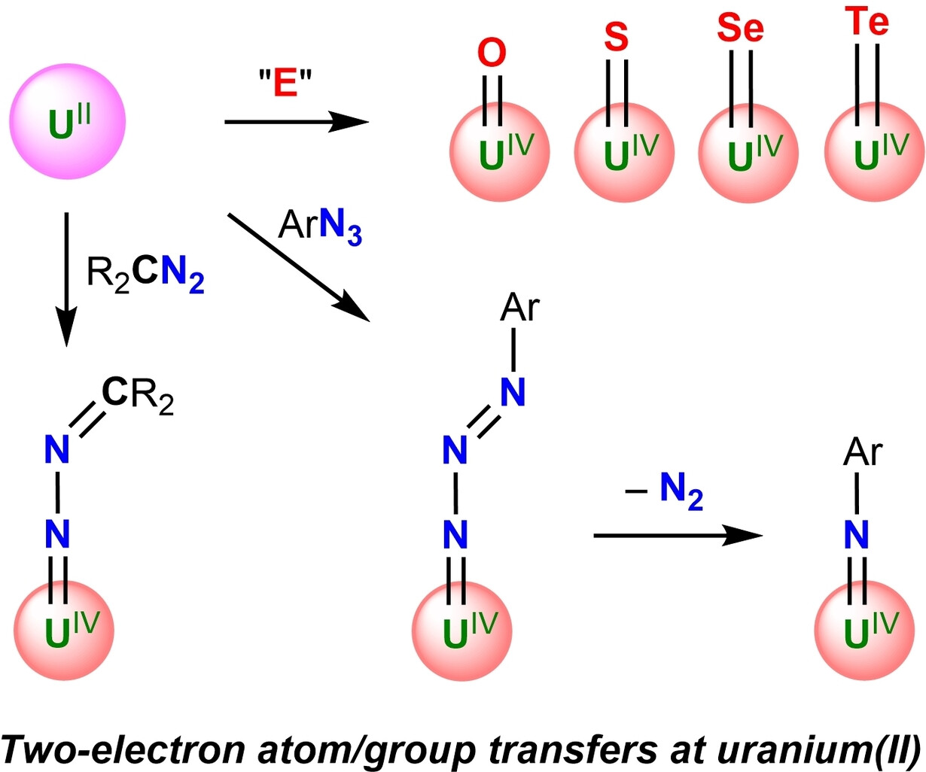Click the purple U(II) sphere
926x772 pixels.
point(67,122)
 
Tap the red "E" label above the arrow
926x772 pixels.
point(285,84)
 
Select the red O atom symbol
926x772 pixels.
point(492,54)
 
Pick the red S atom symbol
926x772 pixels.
point(617,37)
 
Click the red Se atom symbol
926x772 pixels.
point(739,29)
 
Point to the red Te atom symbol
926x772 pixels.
point(866,22)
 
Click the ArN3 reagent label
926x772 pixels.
point(320,225)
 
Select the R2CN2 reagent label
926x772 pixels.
point(145,274)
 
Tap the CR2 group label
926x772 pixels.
point(137,395)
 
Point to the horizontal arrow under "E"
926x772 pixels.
point(297,120)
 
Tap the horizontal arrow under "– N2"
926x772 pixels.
point(678,535)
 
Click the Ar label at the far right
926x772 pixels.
point(863,452)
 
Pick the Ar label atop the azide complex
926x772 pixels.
point(519,308)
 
